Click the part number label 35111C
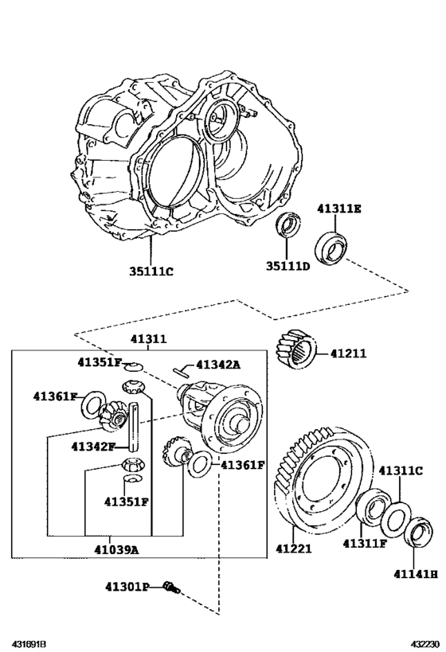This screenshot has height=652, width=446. coord(151,271)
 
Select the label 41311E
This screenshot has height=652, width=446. coord(339,209)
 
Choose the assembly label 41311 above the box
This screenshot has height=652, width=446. coord(148,339)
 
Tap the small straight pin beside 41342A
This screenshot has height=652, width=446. coord(181,369)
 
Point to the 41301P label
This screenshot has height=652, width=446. coord(127,588)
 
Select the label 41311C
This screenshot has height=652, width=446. coord(401,470)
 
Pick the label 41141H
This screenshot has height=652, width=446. coord(415,572)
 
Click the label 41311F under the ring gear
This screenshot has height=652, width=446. coord(365,544)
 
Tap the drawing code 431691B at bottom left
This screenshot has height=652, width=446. coord(29,642)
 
